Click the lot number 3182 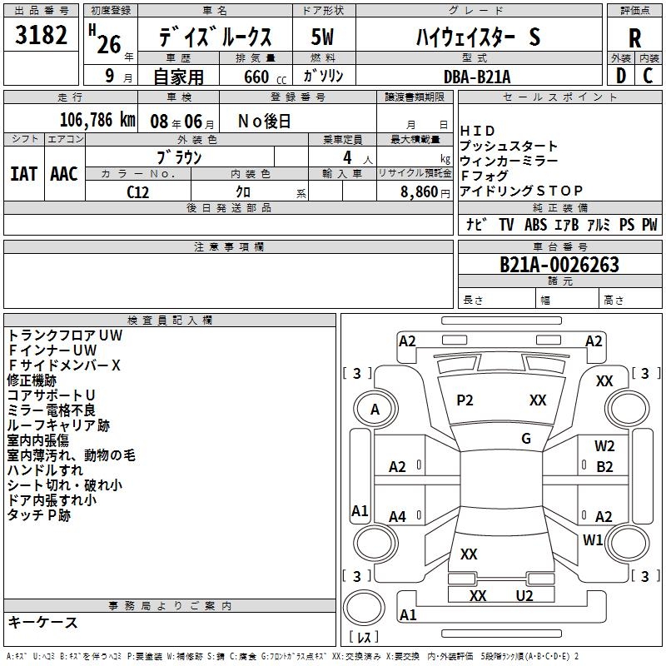(42, 36)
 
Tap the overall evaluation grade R (634, 37)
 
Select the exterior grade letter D (620, 75)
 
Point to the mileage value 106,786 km (97, 120)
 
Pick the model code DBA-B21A (477, 77)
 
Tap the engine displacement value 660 (256, 77)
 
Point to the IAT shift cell (23, 173)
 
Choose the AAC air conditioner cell (64, 173)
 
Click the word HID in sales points (478, 131)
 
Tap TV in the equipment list (506, 225)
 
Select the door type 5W (323, 37)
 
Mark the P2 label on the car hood (465, 400)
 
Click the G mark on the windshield (526, 439)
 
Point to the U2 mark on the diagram (524, 595)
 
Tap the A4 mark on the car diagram (398, 517)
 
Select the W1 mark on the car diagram (593, 539)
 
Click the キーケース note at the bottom (43, 622)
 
